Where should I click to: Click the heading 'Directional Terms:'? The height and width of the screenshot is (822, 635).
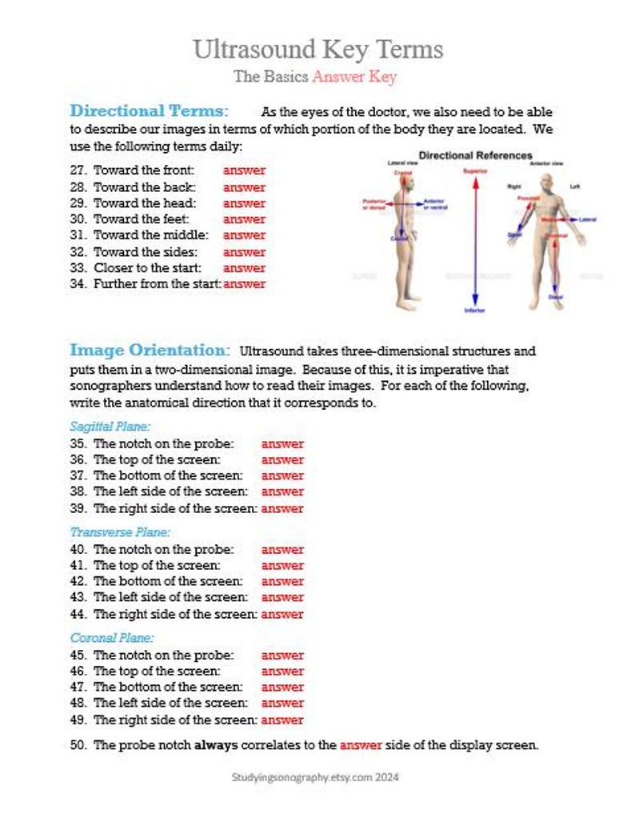click(150, 110)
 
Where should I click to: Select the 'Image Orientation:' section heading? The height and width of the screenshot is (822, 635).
click(150, 350)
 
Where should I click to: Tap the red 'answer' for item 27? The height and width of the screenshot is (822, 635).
click(244, 170)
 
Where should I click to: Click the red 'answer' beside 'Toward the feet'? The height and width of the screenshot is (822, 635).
click(244, 219)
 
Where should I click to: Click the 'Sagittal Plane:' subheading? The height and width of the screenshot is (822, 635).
click(110, 427)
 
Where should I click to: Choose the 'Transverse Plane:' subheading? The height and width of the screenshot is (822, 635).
click(120, 532)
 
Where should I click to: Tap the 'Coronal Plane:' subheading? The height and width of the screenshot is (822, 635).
click(112, 638)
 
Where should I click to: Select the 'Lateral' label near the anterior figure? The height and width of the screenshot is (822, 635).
click(588, 219)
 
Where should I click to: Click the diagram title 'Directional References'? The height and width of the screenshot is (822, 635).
click(476, 155)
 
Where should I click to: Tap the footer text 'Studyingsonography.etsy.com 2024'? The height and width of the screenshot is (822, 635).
click(315, 777)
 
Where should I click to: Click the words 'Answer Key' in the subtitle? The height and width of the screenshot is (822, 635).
click(354, 77)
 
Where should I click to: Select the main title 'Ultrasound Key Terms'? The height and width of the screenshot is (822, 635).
click(317, 50)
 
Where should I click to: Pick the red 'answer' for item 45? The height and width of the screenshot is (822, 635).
click(282, 656)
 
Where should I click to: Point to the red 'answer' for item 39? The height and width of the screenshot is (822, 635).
click(282, 508)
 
